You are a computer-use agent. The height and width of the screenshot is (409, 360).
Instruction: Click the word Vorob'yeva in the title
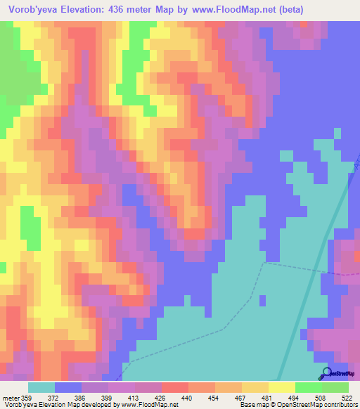34,10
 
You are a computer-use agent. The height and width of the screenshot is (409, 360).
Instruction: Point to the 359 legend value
27,398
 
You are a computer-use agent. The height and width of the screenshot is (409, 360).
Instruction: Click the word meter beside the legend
9,398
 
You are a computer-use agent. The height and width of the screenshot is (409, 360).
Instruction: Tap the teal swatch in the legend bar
41,387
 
